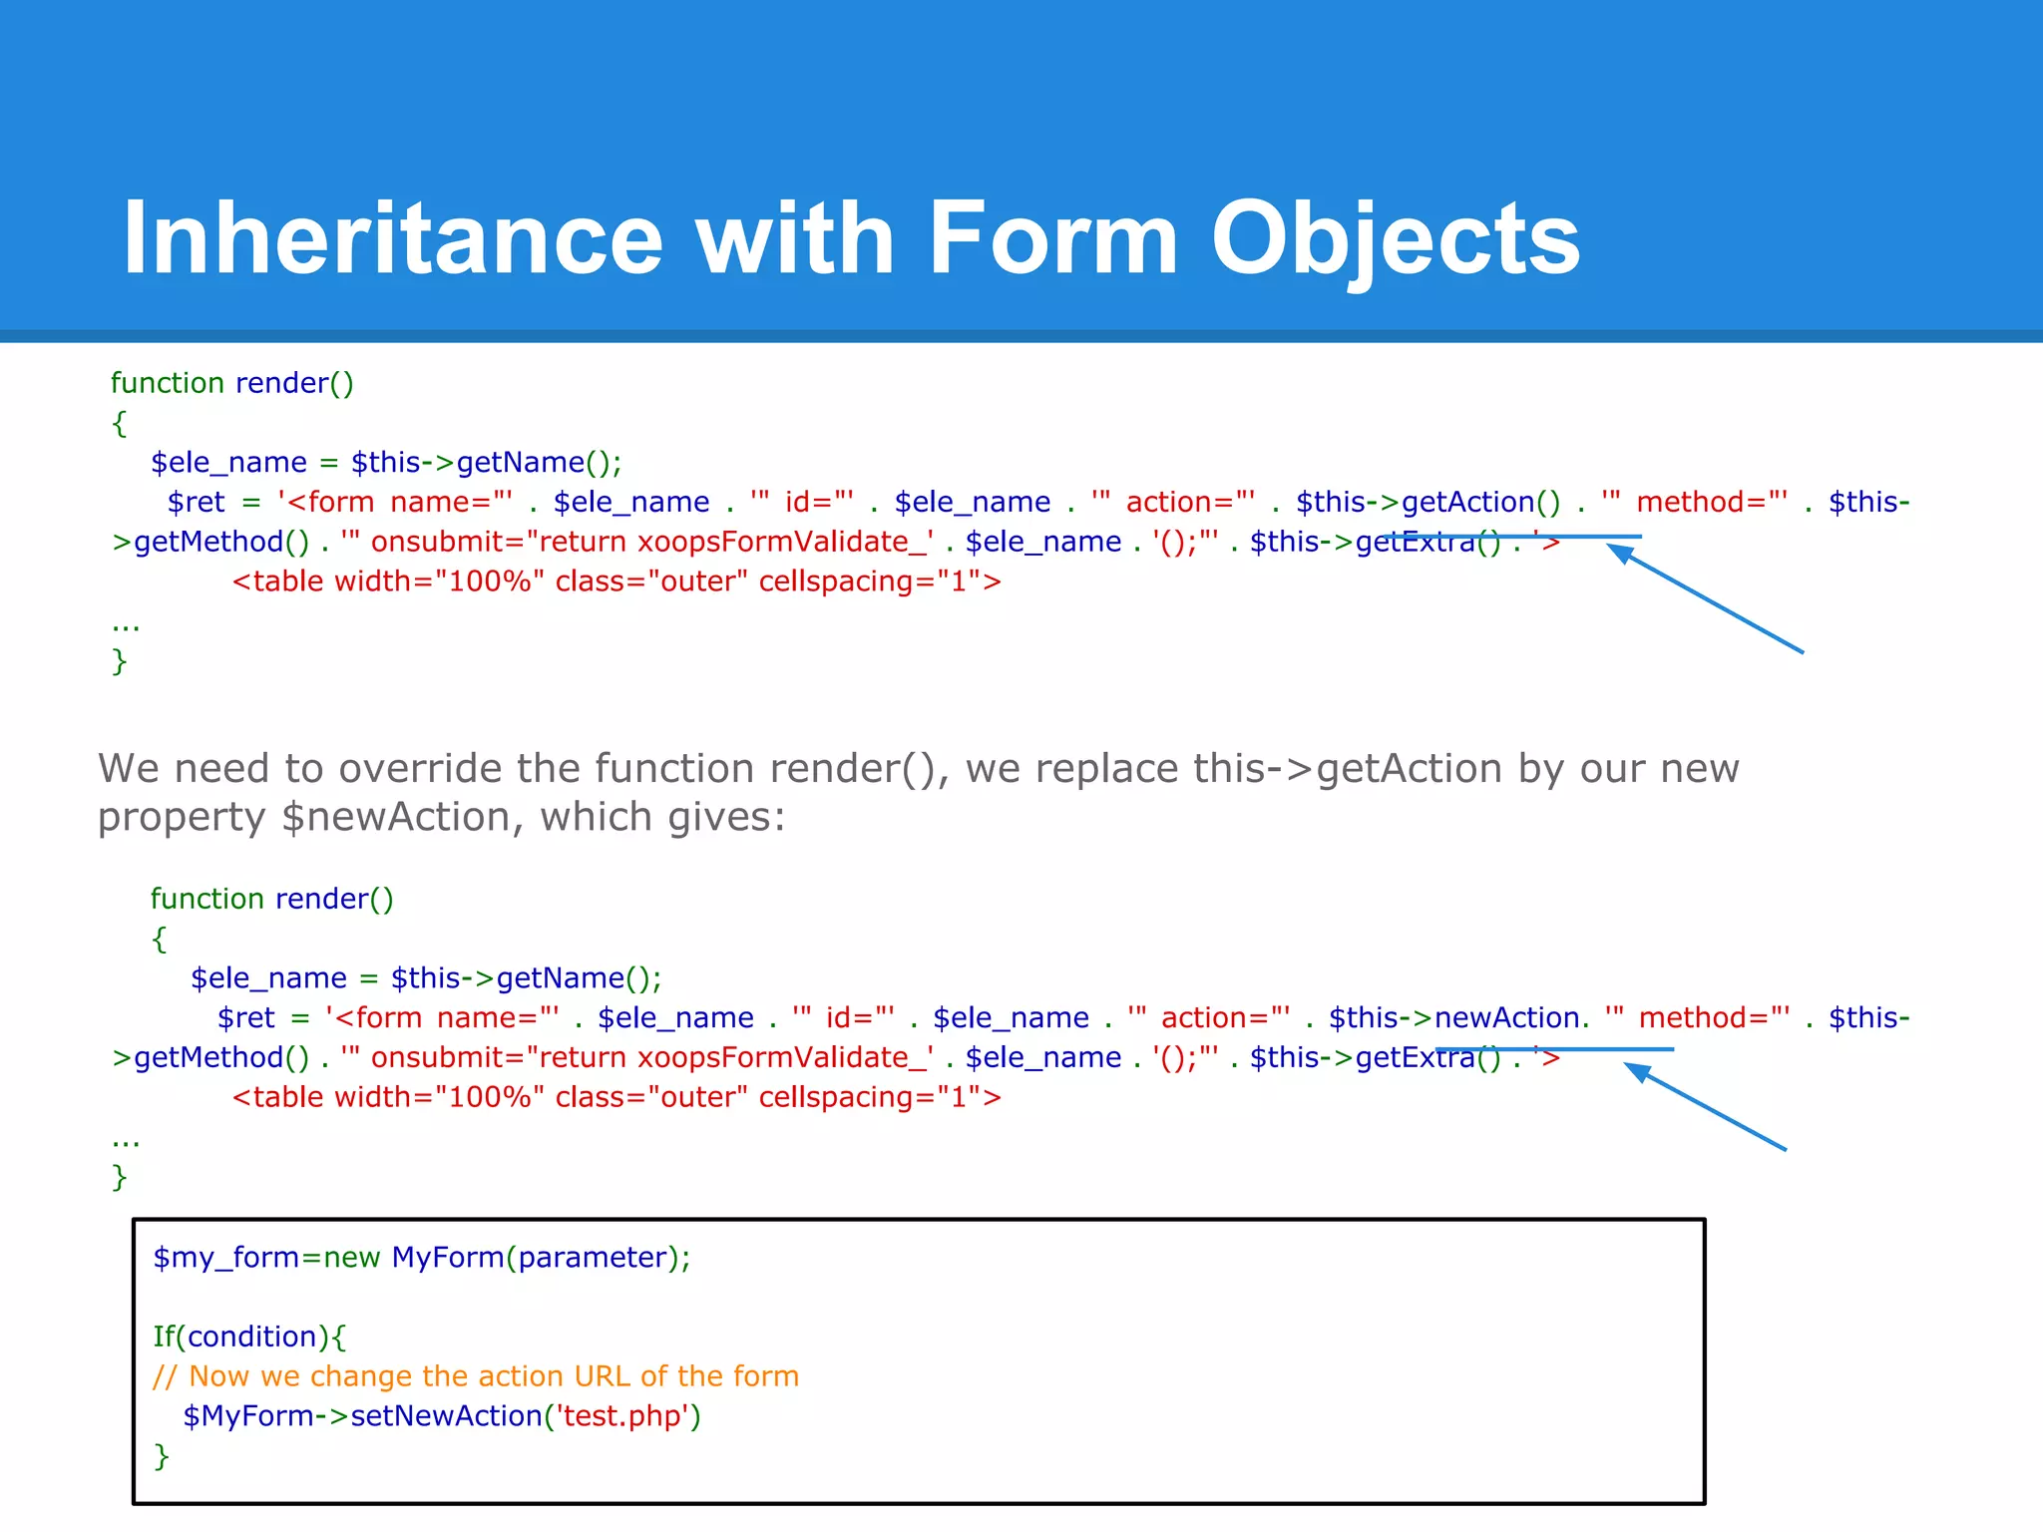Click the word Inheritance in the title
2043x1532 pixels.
click(x=392, y=239)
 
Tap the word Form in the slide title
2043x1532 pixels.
click(x=1052, y=239)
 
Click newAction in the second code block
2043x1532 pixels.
click(x=1507, y=1018)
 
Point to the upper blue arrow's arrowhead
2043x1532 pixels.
click(x=1618, y=552)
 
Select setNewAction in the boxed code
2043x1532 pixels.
click(x=446, y=1416)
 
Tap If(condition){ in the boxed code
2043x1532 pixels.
click(x=249, y=1337)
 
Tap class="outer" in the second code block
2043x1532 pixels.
click(x=650, y=1097)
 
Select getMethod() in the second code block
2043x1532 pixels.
click(x=221, y=1058)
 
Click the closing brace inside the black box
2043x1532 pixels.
click(x=162, y=1456)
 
